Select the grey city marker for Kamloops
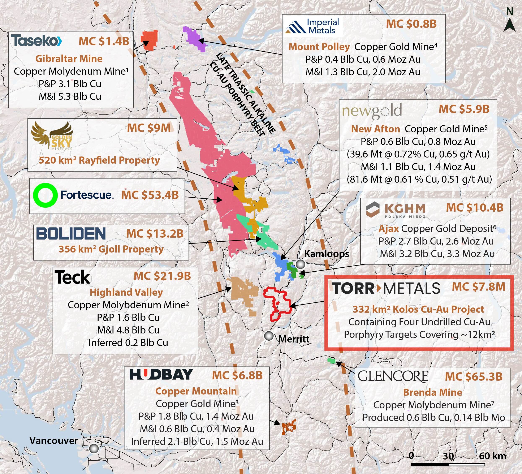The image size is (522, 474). pos(300,264)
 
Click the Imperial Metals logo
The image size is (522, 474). pos(313,26)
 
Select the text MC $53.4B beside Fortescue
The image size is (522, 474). pos(150,195)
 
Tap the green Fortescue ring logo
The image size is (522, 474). pos(45,195)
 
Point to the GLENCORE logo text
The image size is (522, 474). pos(393,376)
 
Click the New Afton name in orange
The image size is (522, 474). pos(375,129)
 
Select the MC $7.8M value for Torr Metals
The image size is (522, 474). pos(479,287)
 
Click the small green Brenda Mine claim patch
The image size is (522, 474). pos(331,360)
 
